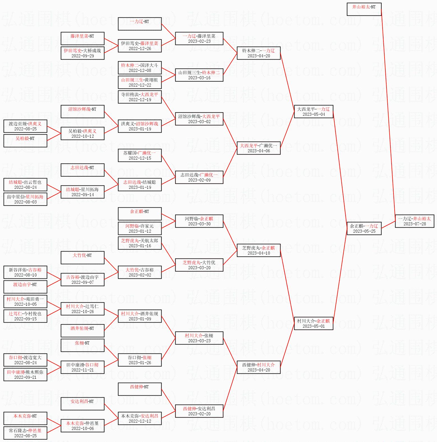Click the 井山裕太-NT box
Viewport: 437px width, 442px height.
(x=364, y=9)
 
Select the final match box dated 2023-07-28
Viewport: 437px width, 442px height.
(x=415, y=221)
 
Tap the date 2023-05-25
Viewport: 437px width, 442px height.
(x=364, y=231)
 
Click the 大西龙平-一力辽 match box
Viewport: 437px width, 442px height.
(x=313, y=112)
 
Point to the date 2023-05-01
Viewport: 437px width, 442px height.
(x=313, y=326)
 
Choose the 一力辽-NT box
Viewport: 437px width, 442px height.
(x=139, y=24)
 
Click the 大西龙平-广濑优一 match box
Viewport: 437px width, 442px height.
(x=258, y=148)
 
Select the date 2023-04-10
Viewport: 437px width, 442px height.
(x=259, y=253)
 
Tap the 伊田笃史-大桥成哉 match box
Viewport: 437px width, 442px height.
(x=82, y=53)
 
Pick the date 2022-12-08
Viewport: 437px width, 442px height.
(x=140, y=71)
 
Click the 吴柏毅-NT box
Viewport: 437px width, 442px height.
(x=25, y=141)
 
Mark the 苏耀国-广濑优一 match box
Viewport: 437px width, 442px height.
(x=139, y=155)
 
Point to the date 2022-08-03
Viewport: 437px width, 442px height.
(x=25, y=202)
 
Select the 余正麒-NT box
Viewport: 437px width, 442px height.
(x=139, y=214)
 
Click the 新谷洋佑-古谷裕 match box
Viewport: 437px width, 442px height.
(x=25, y=272)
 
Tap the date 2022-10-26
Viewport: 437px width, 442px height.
(x=82, y=312)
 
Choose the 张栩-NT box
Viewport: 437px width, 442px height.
(x=82, y=345)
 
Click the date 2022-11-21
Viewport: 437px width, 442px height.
(x=82, y=370)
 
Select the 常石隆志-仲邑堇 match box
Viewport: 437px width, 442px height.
(x=25, y=433)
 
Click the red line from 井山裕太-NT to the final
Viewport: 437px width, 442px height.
(x=388, y=112)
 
